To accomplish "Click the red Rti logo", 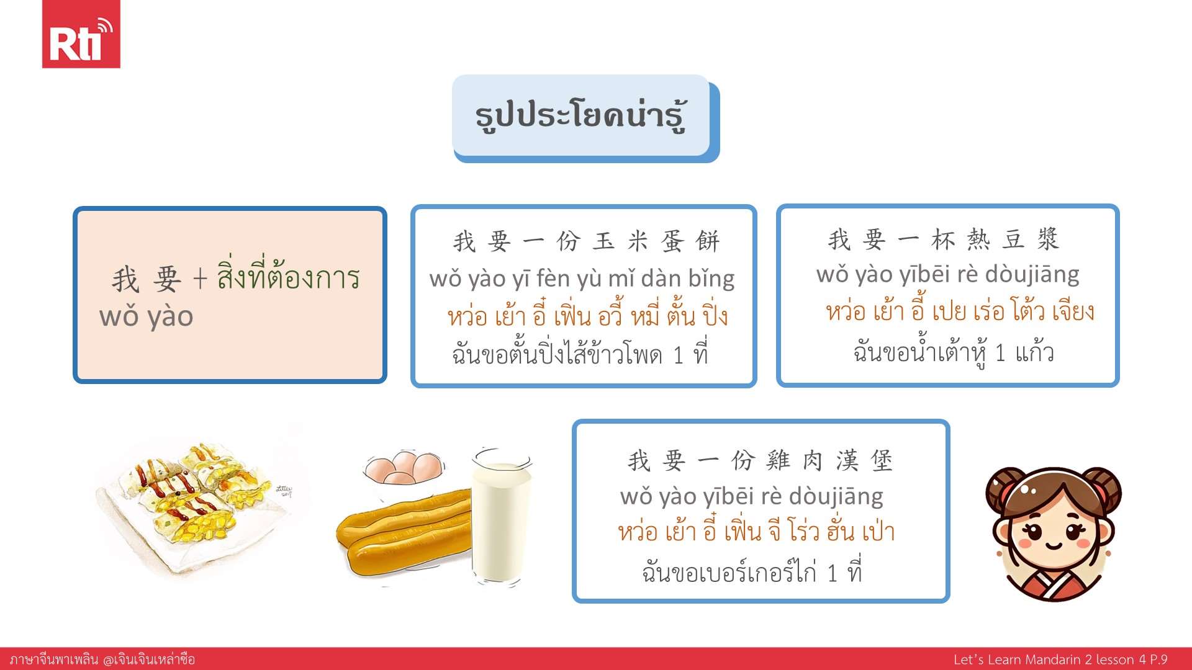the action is pyautogui.click(x=81, y=34).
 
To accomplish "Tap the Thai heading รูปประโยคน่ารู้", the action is pyautogui.click(x=580, y=116).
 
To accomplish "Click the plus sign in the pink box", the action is pyautogui.click(x=199, y=279).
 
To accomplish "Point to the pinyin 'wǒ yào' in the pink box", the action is pyautogui.click(x=147, y=316).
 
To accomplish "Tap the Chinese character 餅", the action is pyautogui.click(x=708, y=241).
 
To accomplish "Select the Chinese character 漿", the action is pyautogui.click(x=1048, y=239).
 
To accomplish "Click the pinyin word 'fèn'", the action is pyautogui.click(x=554, y=279).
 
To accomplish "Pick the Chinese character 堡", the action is pyautogui.click(x=882, y=461).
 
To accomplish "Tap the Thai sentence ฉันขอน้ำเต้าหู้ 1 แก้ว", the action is pyautogui.click(x=954, y=352).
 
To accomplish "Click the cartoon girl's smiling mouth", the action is pyautogui.click(x=1054, y=547).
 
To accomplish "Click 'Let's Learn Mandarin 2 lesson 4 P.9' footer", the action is pyautogui.click(x=1060, y=659).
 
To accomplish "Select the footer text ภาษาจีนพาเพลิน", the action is pyautogui.click(x=54, y=659).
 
